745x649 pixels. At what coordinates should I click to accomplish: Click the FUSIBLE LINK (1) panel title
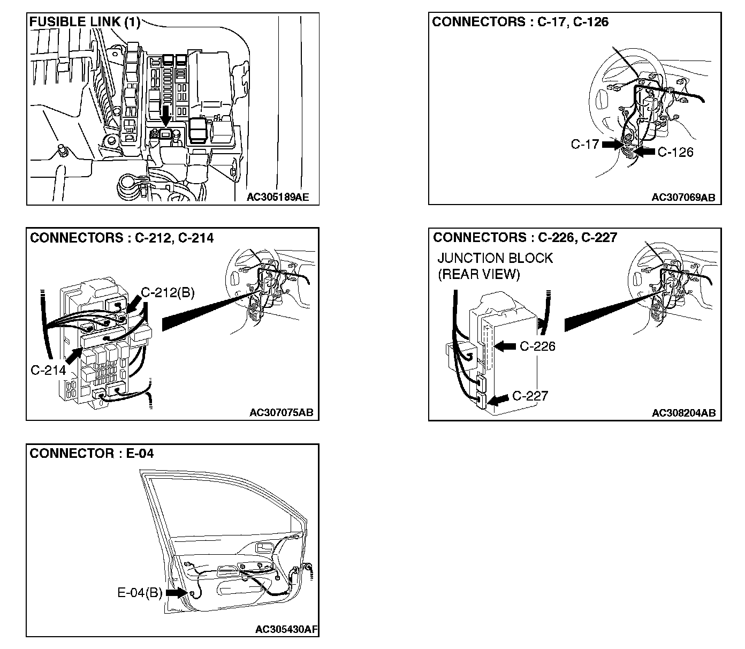click(x=84, y=22)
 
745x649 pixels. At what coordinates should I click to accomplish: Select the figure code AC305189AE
click(x=278, y=197)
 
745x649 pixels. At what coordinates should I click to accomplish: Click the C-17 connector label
click(x=584, y=144)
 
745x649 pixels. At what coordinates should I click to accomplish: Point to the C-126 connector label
click(x=675, y=152)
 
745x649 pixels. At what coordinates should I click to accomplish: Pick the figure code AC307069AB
click(x=683, y=197)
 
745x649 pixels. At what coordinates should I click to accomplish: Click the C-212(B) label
click(x=168, y=293)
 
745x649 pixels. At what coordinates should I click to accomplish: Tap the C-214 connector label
click(x=48, y=370)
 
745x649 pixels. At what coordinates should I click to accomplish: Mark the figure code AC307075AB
click(x=282, y=413)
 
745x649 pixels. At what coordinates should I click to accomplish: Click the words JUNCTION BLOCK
click(x=495, y=258)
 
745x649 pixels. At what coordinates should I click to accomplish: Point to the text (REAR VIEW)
click(x=478, y=275)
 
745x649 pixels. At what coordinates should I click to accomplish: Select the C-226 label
click(x=537, y=346)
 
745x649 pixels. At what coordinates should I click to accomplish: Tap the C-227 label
click(x=530, y=396)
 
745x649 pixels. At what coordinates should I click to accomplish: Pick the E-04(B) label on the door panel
click(x=140, y=593)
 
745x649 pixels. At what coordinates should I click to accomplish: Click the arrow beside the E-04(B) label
click(x=175, y=593)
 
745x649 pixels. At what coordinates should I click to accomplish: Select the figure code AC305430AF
click(x=286, y=629)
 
